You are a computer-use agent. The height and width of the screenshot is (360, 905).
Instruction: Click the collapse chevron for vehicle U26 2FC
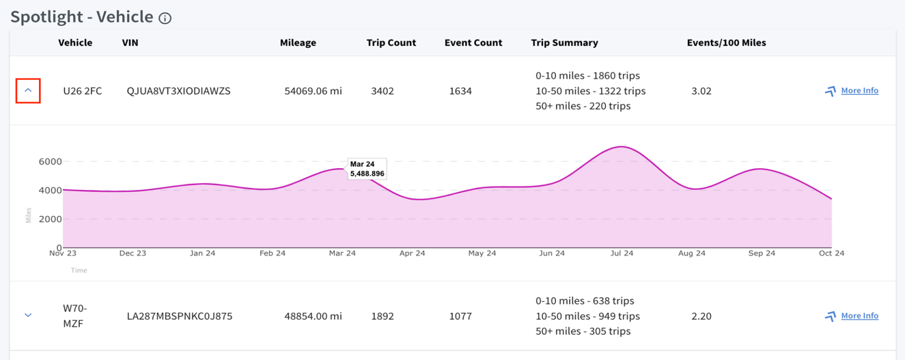[x=28, y=90]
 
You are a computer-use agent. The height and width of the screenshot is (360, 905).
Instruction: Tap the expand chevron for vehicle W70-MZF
[x=28, y=315]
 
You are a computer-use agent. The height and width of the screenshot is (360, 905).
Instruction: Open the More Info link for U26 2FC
[x=859, y=90]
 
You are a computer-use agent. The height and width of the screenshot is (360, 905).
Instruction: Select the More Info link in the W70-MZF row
[x=859, y=316]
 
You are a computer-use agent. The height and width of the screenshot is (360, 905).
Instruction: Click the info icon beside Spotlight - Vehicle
[x=165, y=18]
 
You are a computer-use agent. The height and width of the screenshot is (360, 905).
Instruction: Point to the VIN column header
[x=130, y=42]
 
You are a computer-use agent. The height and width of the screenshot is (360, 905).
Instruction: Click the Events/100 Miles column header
[x=727, y=42]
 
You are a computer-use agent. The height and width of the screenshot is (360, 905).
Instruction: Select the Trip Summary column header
[x=564, y=42]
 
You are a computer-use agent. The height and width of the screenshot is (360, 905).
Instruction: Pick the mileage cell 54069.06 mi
[x=313, y=91]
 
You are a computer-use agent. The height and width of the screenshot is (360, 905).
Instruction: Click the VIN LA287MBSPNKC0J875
[x=180, y=316]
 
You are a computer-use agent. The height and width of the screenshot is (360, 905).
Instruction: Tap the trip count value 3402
[x=382, y=91]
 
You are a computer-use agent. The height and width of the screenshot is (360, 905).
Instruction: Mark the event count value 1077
[x=460, y=316]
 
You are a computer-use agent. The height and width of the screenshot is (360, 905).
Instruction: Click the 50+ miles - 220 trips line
[x=583, y=106]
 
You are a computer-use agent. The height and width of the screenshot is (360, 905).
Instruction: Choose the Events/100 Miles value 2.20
[x=701, y=316]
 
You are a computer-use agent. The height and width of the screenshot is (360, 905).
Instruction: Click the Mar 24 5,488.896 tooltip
[x=367, y=169]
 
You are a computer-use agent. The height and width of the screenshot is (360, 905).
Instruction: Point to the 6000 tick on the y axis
[x=50, y=162]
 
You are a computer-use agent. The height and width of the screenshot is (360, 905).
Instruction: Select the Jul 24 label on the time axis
[x=622, y=253]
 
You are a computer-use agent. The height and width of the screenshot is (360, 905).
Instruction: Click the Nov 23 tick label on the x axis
[x=63, y=253]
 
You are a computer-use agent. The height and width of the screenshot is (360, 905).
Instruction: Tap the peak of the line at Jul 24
[x=622, y=147]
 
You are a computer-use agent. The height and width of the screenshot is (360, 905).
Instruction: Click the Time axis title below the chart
[x=79, y=271]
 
